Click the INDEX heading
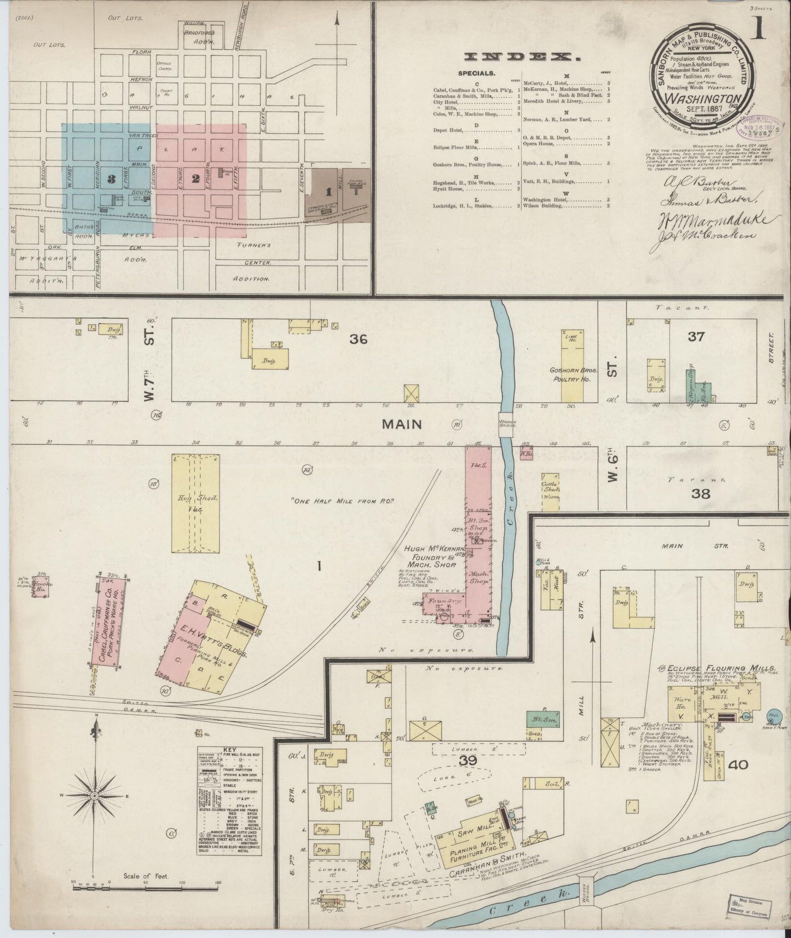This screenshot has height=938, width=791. (x=522, y=56)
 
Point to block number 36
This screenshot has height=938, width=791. (x=359, y=339)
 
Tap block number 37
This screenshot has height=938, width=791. (x=696, y=336)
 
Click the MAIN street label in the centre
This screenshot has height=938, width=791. (x=402, y=424)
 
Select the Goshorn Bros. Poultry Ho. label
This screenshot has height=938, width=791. (x=573, y=374)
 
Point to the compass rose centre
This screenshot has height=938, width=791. (x=94, y=795)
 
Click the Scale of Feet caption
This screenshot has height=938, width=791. (x=146, y=876)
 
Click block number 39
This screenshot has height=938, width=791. (x=469, y=761)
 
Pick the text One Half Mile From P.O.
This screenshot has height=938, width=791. (x=343, y=500)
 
